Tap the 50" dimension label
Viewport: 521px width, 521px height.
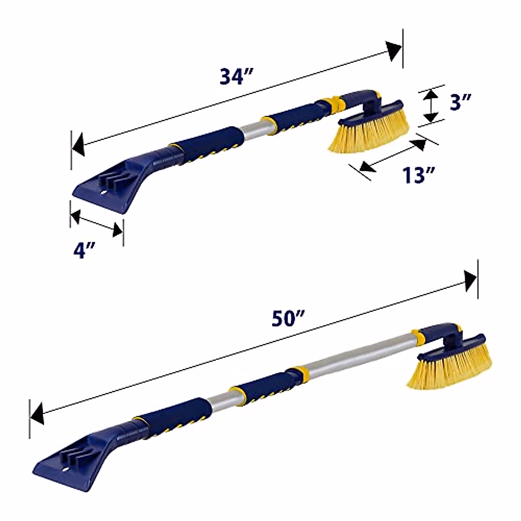[x=287, y=320]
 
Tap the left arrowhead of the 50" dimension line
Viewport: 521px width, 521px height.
[x=37, y=414]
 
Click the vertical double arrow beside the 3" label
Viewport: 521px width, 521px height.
[x=430, y=105]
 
